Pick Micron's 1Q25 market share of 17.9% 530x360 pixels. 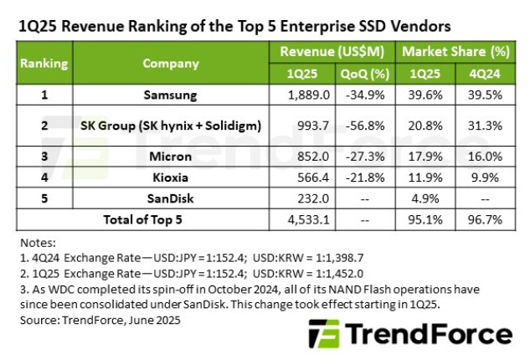[x=425, y=156]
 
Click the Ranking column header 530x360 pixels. [x=44, y=63]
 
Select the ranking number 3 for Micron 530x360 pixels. [x=44, y=156]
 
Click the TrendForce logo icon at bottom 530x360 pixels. [x=323, y=335]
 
